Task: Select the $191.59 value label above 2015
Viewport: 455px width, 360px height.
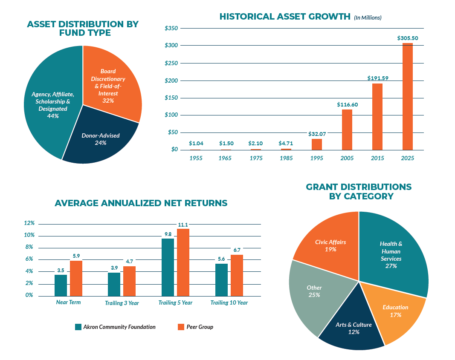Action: (x=378, y=78)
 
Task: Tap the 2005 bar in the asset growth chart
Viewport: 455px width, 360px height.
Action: (x=347, y=130)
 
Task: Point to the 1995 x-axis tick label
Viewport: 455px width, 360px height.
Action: (x=317, y=158)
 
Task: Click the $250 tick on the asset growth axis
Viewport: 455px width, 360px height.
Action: (x=171, y=63)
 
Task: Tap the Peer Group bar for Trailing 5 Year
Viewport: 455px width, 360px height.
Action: (x=183, y=262)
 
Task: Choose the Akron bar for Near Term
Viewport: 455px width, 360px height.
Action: (x=61, y=285)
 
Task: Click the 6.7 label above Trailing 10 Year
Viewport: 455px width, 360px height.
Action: (x=237, y=250)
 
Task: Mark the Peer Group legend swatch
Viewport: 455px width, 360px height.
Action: (x=181, y=327)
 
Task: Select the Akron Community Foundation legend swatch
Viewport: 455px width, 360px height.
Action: (x=78, y=327)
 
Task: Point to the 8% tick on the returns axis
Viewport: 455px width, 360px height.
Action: (x=29, y=247)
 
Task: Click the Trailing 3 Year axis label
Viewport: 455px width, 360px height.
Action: (x=122, y=303)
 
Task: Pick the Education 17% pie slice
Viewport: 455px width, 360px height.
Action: (x=395, y=311)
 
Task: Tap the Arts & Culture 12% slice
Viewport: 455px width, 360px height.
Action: (x=354, y=328)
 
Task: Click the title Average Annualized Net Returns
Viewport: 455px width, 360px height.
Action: (x=141, y=203)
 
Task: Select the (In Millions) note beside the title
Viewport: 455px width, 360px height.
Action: (x=368, y=18)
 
